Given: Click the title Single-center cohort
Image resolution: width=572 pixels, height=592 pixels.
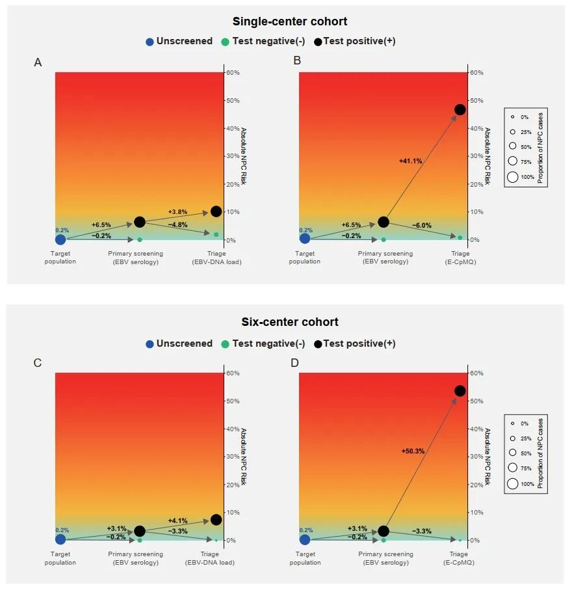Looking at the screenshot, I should click(x=290, y=21).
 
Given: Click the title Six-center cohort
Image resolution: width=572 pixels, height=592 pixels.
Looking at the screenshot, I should click(x=290, y=322).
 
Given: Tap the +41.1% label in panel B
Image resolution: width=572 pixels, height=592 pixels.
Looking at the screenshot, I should click(x=410, y=161).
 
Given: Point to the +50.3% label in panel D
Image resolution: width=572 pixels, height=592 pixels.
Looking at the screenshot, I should click(x=413, y=451).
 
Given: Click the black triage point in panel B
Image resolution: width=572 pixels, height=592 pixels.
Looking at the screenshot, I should click(x=460, y=109).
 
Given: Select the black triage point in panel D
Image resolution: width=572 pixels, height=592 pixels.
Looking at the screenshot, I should click(x=460, y=391).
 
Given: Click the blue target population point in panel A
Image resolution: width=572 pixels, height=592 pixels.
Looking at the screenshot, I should click(x=60, y=239).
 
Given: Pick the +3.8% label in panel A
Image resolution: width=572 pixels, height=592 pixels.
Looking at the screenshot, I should click(x=177, y=212).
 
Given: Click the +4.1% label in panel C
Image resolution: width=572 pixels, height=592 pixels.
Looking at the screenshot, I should click(x=177, y=520).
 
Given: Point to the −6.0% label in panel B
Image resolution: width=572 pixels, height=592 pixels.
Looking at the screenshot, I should click(x=421, y=226).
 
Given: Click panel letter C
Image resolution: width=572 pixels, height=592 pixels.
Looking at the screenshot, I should click(x=38, y=363).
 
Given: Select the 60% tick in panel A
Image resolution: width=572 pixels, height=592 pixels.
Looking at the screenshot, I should click(x=233, y=73).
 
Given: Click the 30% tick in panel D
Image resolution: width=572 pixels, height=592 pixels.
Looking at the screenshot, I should click(x=476, y=457).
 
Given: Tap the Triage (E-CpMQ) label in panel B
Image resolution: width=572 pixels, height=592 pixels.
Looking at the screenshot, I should click(x=460, y=258).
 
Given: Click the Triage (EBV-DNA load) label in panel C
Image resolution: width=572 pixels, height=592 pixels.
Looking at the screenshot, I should click(x=209, y=558).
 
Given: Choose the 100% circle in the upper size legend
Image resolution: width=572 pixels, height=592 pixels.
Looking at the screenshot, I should click(x=513, y=176).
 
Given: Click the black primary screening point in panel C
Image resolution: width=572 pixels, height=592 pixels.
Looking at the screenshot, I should click(x=139, y=531).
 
